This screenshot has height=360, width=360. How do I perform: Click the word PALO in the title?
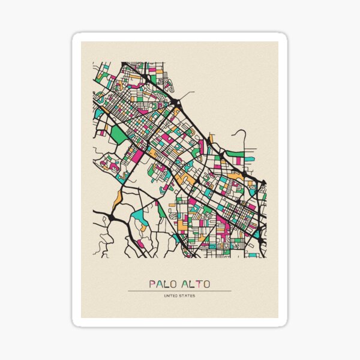point(163,283)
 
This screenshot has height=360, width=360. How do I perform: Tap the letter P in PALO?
point(152,283)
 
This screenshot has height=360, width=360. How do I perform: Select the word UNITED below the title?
point(172,295)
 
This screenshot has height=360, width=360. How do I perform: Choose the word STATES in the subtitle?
point(187,295)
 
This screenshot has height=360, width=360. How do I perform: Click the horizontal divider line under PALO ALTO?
point(179,291)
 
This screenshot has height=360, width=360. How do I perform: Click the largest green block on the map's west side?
point(119,135)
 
